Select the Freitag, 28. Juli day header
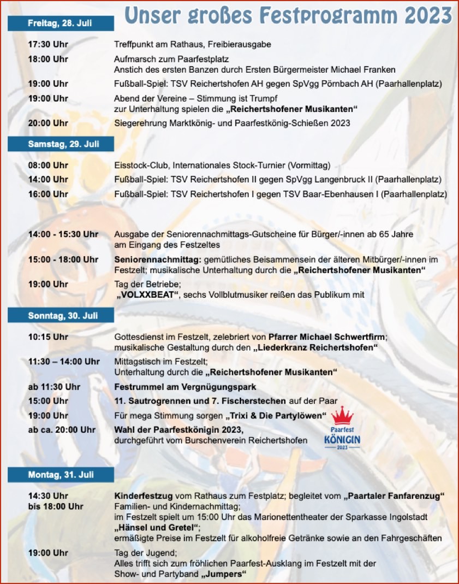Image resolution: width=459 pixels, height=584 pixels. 60,23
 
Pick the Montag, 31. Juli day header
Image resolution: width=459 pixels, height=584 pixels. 61,475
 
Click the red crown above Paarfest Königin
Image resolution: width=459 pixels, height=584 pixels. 343,416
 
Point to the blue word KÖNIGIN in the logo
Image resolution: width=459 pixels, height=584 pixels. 342,439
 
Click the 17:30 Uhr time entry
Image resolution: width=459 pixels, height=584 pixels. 48,44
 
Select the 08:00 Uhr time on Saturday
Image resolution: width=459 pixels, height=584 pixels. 48,165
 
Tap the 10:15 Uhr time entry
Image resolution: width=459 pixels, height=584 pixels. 48,337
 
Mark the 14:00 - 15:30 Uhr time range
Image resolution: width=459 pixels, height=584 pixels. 63,234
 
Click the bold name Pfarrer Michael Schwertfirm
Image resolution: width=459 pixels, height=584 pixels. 327,337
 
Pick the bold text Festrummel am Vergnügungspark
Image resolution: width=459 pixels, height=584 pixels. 185,387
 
